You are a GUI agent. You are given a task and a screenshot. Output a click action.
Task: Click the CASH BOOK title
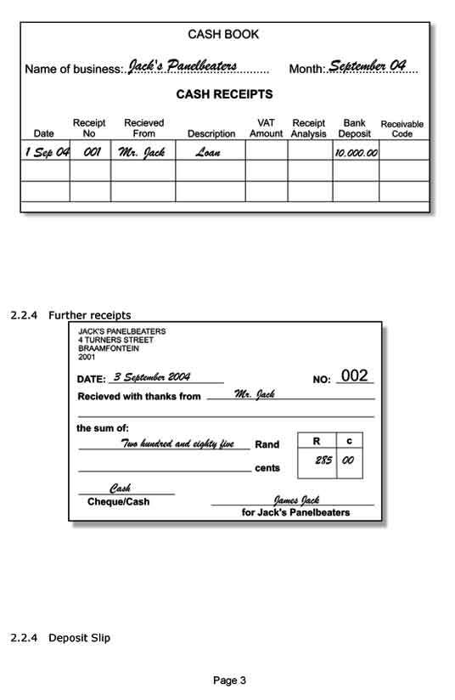coord(223,35)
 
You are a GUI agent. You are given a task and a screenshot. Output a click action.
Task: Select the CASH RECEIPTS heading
coord(224,94)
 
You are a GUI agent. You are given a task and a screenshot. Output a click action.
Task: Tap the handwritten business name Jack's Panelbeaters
coord(182,66)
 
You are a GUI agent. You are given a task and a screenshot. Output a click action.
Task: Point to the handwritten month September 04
coord(367,65)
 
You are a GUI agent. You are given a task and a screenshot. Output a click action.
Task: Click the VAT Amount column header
coord(266,128)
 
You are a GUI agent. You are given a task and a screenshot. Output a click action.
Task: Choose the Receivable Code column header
coord(402,129)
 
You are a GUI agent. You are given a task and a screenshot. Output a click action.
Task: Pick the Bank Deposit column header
coord(354,128)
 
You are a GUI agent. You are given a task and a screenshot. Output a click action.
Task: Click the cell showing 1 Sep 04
coord(46,152)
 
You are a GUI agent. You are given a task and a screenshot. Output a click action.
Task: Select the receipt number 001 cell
coord(91,152)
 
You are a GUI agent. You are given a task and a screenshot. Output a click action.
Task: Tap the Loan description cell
coord(208,153)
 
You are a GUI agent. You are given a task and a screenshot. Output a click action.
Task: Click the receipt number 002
coord(355,376)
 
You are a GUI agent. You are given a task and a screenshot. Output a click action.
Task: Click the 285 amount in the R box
coord(323,460)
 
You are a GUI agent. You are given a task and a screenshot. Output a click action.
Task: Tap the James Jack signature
coord(295,500)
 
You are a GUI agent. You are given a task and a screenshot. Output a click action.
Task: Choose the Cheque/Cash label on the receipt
coord(118,502)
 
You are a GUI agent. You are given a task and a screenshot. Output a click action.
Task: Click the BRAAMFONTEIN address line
coord(109,348)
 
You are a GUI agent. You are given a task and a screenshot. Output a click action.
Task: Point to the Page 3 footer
coord(229,680)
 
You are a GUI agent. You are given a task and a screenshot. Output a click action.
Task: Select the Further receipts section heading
coord(89,315)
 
